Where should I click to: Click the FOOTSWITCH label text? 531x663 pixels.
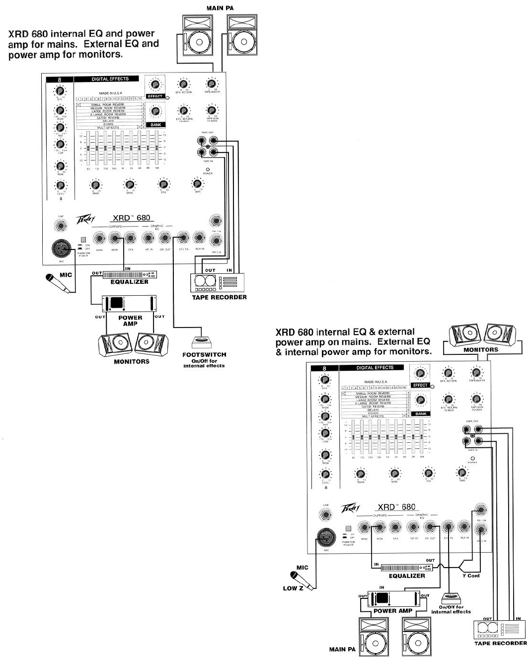204,354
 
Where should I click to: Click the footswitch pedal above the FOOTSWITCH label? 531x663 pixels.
201,342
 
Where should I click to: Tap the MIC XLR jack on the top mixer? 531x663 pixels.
61,248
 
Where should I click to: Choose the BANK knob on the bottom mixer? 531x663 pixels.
421,400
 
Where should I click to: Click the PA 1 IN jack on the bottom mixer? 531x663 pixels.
479,509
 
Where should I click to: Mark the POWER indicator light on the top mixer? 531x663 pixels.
208,168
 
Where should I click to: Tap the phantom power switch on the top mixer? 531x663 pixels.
83,240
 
